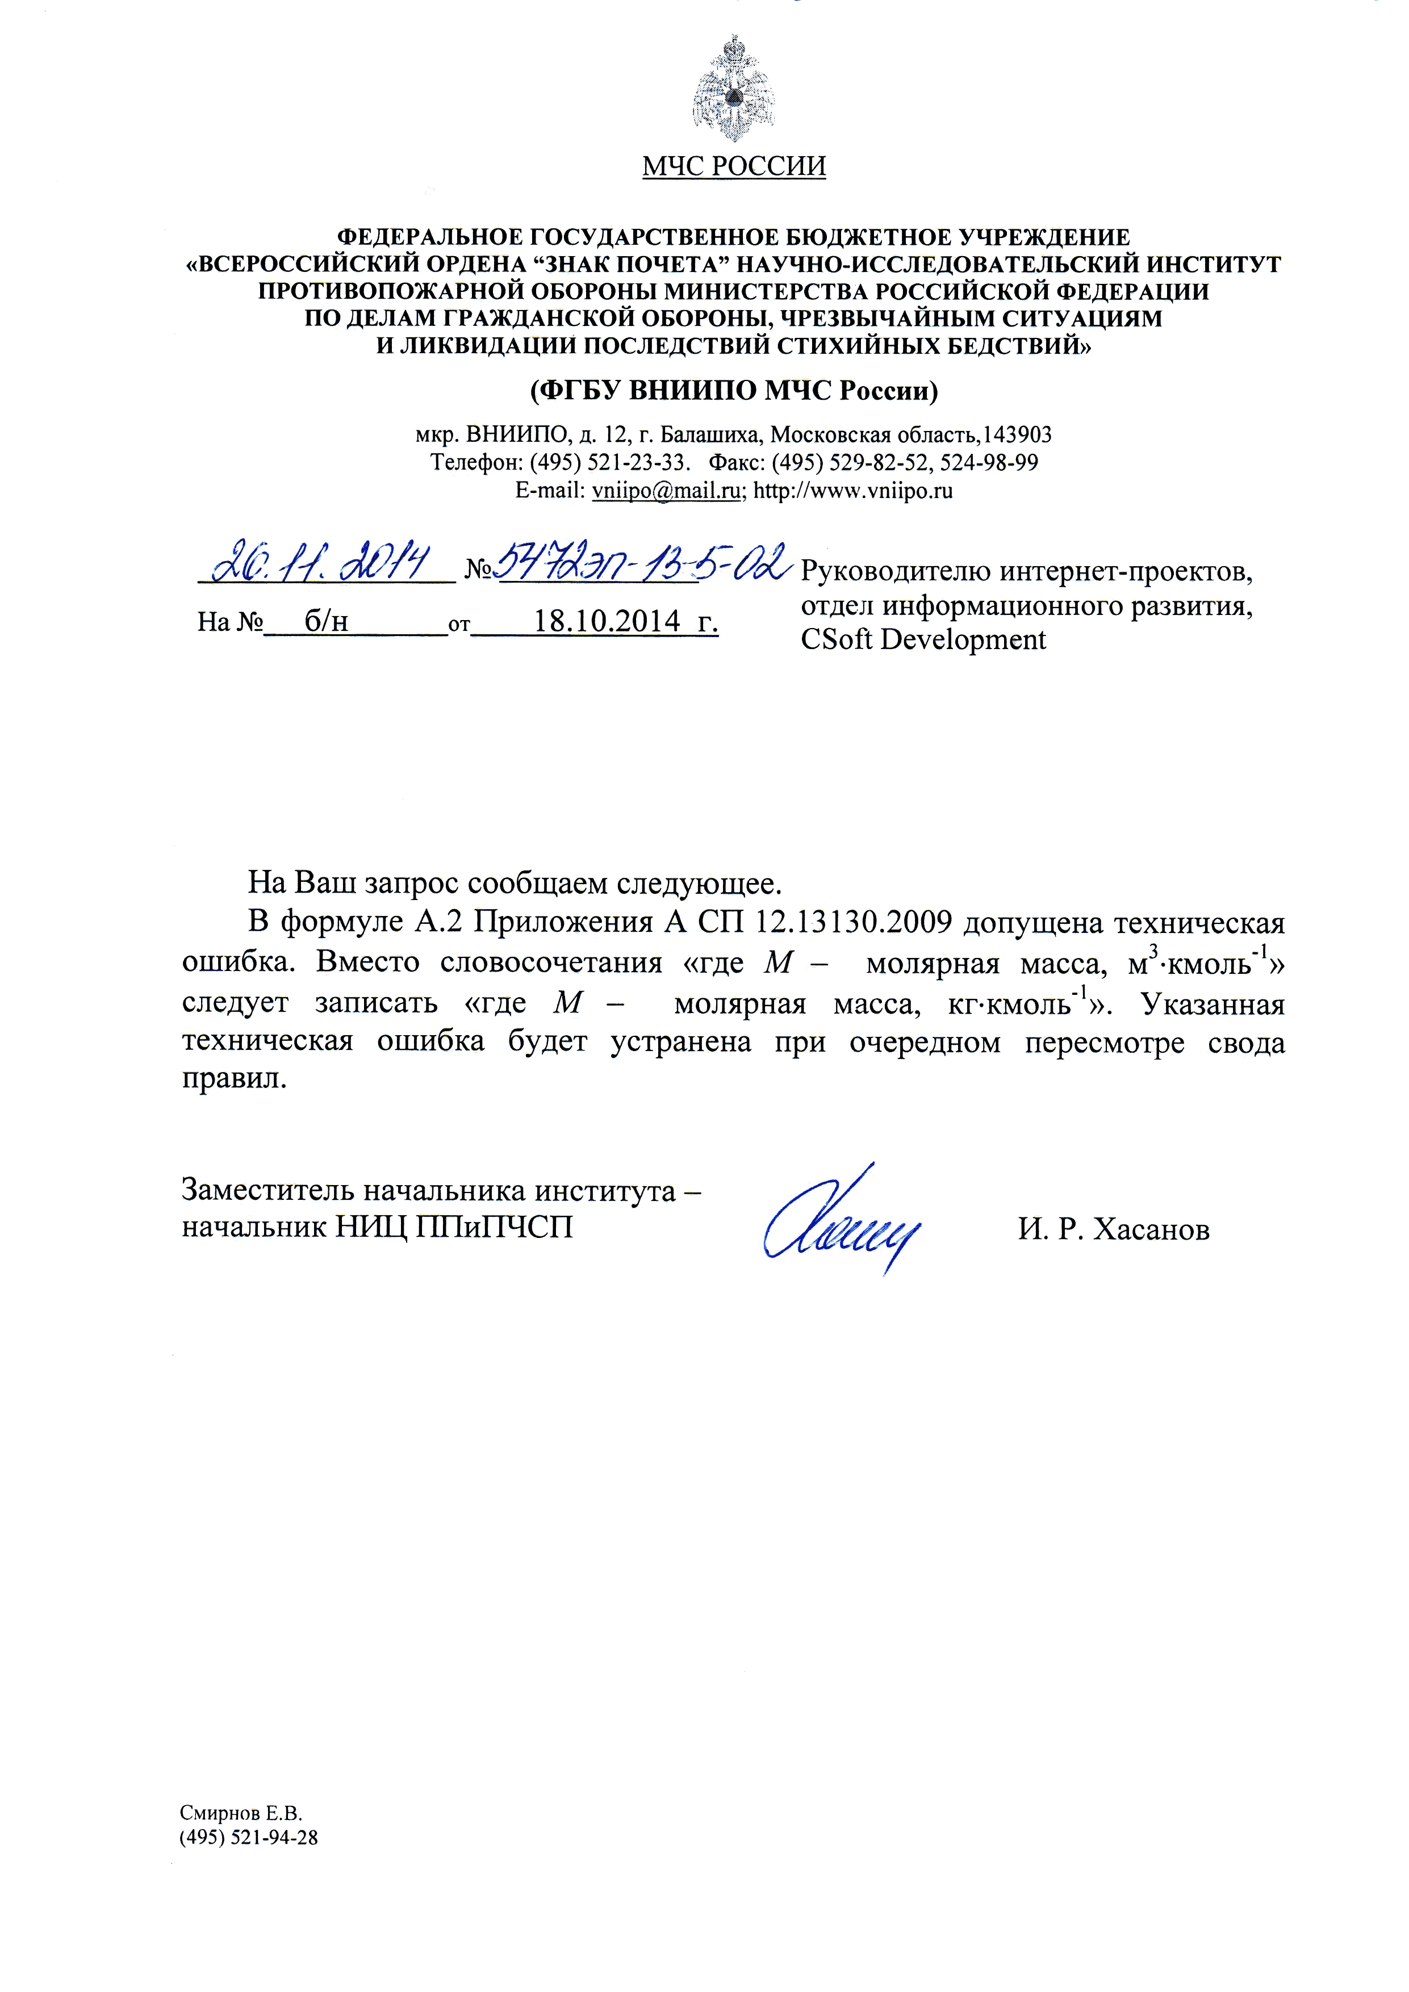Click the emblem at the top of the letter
733,89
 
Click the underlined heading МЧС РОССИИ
733,166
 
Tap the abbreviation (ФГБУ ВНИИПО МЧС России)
733,391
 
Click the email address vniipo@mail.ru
666,491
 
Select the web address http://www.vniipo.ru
853,491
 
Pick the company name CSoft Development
923,641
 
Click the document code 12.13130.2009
850,922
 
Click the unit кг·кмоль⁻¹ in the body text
1019,1004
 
